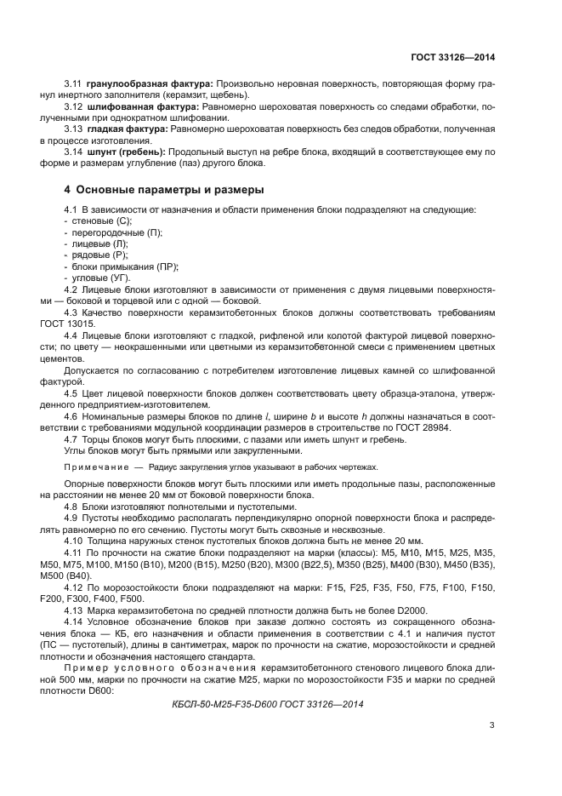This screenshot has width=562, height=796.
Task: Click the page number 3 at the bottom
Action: tap(491, 725)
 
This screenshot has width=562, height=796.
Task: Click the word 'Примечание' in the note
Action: tap(94, 467)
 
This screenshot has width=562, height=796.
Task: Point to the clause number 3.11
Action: tap(73, 84)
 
